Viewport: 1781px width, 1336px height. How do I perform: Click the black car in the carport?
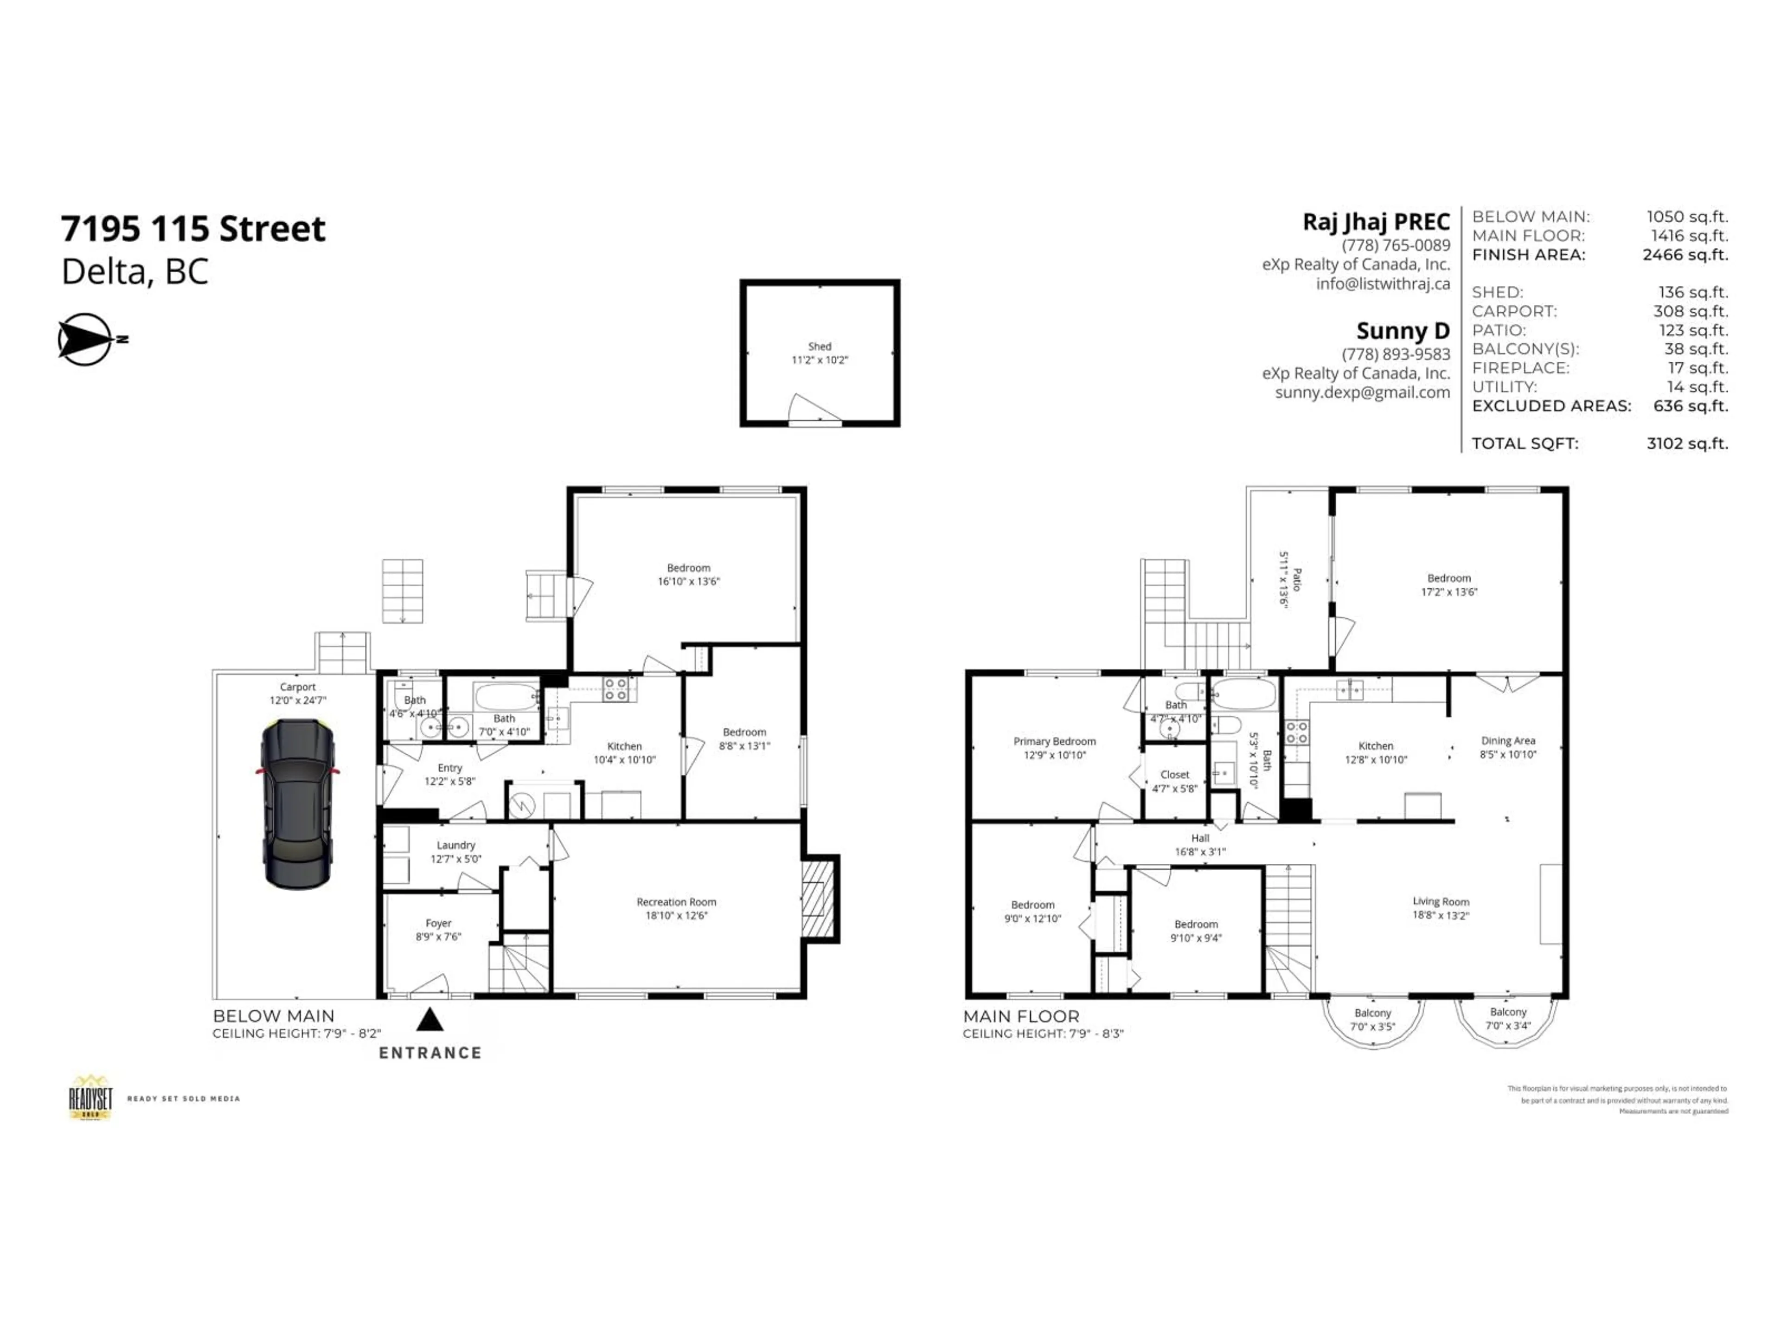pos(297,804)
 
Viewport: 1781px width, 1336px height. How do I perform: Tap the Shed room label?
pos(820,346)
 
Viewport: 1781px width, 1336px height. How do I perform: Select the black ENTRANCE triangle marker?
pos(430,1020)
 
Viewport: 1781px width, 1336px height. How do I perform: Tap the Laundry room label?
pos(456,845)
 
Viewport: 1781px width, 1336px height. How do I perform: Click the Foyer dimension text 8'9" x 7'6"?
pos(439,937)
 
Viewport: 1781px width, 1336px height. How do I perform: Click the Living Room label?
pos(1441,901)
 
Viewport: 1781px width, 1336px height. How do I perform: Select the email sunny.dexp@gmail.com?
pos(1362,392)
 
